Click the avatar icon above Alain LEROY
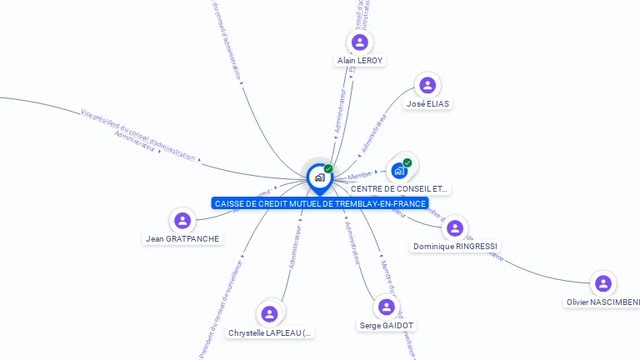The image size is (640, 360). (360, 42)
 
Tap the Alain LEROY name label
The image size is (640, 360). (360, 61)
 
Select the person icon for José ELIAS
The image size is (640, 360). (427, 85)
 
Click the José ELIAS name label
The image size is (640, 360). (427, 103)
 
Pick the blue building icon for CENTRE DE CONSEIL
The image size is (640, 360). (399, 171)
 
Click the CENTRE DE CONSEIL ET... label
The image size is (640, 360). (399, 189)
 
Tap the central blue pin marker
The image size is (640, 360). (319, 177)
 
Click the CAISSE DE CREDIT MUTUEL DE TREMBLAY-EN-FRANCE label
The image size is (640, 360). (320, 203)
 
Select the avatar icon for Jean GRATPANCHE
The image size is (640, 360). (182, 221)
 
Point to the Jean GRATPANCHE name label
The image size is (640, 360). (182, 239)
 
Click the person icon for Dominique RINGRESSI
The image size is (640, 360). (455, 228)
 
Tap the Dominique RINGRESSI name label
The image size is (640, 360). (455, 247)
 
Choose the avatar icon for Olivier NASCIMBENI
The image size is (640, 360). (603, 283)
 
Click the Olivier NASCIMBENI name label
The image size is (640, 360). (602, 302)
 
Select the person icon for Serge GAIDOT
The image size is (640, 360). (387, 307)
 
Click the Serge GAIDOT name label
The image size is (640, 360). (387, 325)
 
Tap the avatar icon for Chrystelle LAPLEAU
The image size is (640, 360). (269, 314)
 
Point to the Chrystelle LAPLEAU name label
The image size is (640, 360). (270, 332)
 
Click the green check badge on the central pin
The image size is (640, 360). (328, 168)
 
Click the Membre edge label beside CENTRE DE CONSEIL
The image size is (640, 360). (360, 175)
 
